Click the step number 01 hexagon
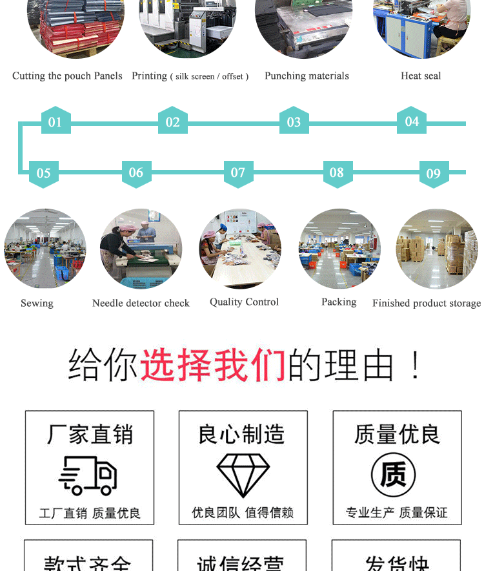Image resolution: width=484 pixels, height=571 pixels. (x=55, y=121)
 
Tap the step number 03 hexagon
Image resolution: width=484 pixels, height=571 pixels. (x=294, y=121)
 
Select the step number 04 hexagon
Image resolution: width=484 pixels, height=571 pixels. (x=412, y=121)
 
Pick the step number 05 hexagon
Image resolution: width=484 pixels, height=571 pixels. (x=44, y=173)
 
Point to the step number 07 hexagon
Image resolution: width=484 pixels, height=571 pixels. (x=238, y=172)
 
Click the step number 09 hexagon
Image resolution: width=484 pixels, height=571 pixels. (x=434, y=173)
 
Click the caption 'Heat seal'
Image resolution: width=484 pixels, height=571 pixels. (x=421, y=76)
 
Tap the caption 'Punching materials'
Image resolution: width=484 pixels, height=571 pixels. (x=307, y=76)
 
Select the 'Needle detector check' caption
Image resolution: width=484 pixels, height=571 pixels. (x=141, y=303)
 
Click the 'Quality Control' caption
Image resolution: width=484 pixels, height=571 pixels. (x=244, y=302)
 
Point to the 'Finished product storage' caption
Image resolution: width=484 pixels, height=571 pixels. (x=427, y=303)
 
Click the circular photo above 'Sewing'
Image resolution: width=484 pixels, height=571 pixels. (x=45, y=249)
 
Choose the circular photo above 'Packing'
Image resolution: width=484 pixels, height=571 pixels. (x=339, y=249)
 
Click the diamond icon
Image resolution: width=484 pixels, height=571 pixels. (x=243, y=475)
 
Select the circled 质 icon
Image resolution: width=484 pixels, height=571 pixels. (x=393, y=475)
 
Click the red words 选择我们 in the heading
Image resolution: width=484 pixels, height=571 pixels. (x=213, y=365)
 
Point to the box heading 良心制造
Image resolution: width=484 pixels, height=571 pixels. (x=243, y=434)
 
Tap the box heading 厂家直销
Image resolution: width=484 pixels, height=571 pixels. (x=90, y=434)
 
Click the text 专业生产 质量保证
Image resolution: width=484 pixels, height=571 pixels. (x=396, y=513)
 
